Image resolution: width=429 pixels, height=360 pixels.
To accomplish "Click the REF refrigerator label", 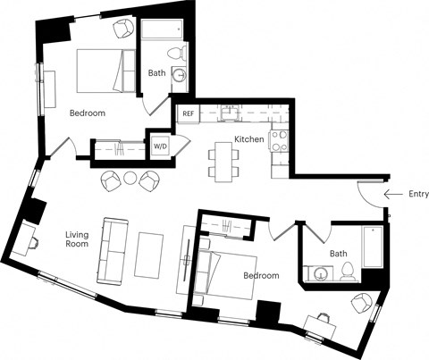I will (x=188, y=113).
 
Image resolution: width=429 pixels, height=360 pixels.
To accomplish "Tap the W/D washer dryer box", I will (x=161, y=146).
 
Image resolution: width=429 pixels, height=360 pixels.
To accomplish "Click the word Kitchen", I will (x=248, y=140).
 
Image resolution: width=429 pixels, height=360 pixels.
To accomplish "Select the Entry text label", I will (x=417, y=194).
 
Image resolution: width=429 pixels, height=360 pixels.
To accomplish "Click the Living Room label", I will (x=79, y=241).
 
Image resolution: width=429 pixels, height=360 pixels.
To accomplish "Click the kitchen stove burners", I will (x=279, y=140).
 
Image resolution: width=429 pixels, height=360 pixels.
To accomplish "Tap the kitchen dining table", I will (x=224, y=161).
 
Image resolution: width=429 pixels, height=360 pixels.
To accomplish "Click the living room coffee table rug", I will (x=149, y=254).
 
